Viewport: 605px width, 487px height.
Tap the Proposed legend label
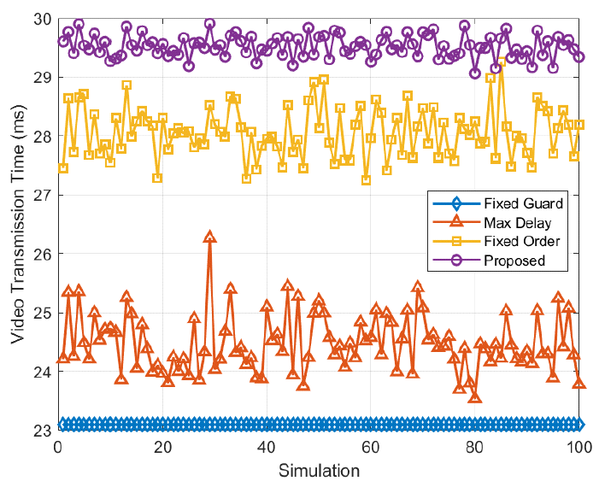point(514,261)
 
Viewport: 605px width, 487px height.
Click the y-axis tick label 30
point(41,19)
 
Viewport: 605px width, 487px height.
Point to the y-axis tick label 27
point(41,195)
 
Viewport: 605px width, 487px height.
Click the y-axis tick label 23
point(41,431)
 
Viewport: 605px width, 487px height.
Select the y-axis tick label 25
point(41,313)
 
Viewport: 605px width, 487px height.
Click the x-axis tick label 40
point(267,447)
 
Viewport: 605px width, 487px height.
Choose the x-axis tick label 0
point(58,447)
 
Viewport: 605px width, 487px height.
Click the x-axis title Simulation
point(319,470)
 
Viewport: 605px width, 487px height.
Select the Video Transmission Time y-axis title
point(17,224)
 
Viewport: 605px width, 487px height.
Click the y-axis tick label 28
point(41,137)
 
